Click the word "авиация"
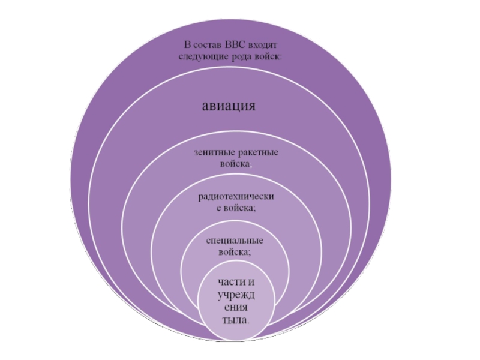coord(228,107)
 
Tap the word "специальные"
coord(235,241)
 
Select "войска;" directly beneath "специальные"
coord(235,252)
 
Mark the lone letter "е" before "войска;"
coord(218,208)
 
